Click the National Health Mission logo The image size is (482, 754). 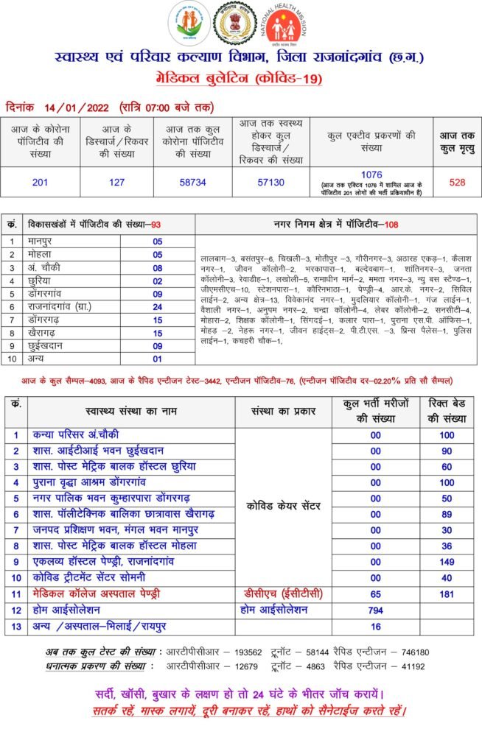click(284, 25)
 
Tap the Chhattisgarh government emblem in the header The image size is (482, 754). click(234, 24)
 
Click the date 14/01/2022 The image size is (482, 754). click(77, 108)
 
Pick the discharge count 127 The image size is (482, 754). click(116, 182)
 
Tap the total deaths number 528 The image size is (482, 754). click(457, 182)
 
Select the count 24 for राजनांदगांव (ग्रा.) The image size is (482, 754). click(158, 307)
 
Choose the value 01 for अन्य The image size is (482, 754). click(158, 359)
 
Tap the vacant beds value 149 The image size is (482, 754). click(447, 561)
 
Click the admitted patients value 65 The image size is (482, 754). click(376, 593)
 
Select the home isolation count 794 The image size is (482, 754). click(376, 610)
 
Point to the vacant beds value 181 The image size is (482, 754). click(447, 593)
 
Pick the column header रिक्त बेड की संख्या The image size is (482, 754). click(447, 411)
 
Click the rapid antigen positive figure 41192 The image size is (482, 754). click(413, 666)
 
